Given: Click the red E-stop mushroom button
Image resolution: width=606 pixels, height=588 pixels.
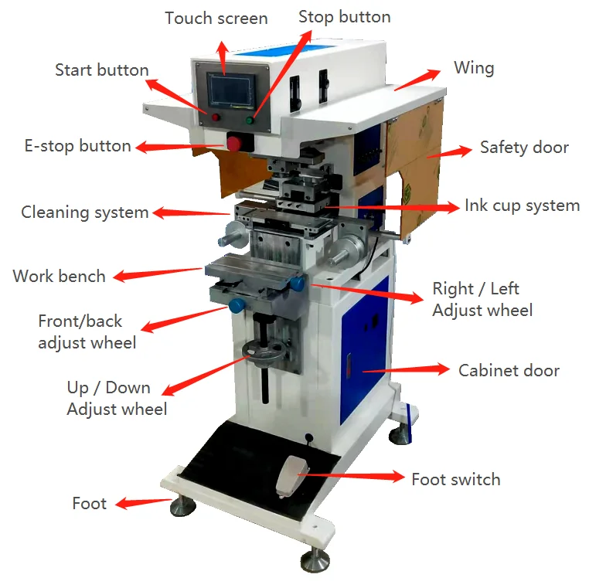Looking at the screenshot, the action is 234,143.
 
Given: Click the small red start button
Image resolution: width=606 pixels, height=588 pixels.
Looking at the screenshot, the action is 216,117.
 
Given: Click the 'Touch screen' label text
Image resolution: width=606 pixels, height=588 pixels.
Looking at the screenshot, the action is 216,19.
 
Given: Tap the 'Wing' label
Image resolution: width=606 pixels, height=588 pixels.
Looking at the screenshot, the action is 473,68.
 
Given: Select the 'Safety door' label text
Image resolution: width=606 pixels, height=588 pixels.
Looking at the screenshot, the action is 523,148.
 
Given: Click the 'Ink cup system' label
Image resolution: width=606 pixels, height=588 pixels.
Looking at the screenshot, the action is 522,206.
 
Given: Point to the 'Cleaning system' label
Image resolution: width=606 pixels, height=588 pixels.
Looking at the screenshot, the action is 84,212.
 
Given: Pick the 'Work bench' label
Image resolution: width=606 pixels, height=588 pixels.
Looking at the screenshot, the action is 59,276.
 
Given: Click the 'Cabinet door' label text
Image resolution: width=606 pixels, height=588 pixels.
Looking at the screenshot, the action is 509,371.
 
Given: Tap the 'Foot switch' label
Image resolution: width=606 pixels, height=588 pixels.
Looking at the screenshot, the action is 455,479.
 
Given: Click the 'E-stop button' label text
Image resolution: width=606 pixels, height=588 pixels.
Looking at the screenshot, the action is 78,146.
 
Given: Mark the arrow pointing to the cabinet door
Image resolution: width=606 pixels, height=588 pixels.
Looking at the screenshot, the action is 405,370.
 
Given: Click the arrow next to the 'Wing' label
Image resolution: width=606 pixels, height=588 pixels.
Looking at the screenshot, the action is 418,79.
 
